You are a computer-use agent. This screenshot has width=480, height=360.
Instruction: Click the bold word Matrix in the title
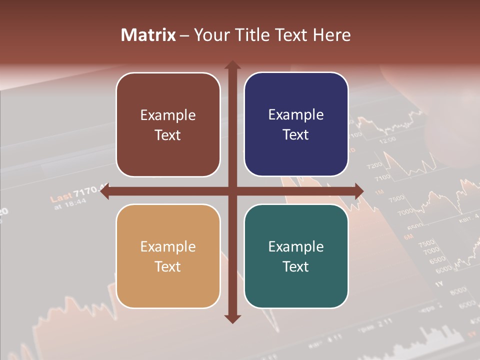[x=148, y=35]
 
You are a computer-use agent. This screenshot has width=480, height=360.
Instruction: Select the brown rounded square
[x=168, y=124]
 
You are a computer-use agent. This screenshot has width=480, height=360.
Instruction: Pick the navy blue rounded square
[x=296, y=124]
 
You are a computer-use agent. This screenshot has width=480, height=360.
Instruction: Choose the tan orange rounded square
[x=168, y=256]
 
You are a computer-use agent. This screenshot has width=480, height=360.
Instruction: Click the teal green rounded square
[x=296, y=256]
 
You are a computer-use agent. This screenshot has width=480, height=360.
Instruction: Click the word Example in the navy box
[x=296, y=114]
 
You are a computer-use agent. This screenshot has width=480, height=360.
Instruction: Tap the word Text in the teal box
[x=296, y=266]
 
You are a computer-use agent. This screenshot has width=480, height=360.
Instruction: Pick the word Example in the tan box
[x=168, y=246]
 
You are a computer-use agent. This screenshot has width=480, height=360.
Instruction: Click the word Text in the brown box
[x=168, y=135]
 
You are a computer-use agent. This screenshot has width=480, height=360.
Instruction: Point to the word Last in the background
[x=61, y=197]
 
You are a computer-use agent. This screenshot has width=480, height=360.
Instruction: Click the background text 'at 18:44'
[x=70, y=204]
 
